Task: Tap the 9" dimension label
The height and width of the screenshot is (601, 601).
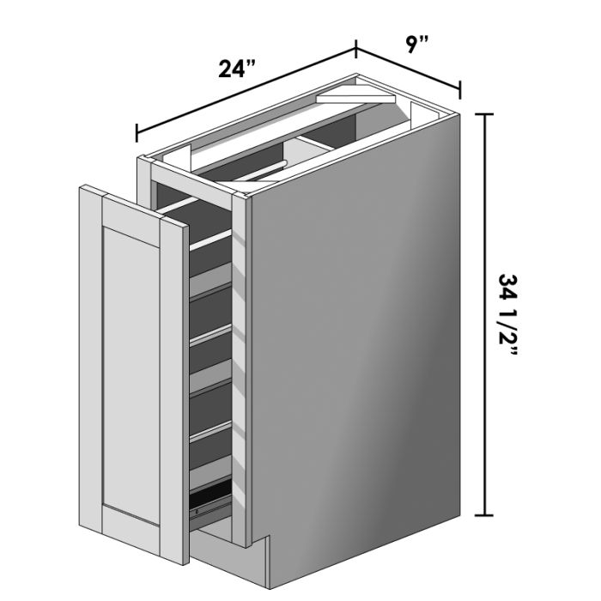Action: coord(418,46)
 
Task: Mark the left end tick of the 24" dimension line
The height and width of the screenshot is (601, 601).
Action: coord(137,133)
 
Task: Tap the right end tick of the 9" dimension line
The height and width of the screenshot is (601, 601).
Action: coord(461,89)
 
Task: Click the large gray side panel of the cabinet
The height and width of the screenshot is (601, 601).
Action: coord(361,343)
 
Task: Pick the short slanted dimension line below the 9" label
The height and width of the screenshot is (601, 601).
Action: coord(409,70)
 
